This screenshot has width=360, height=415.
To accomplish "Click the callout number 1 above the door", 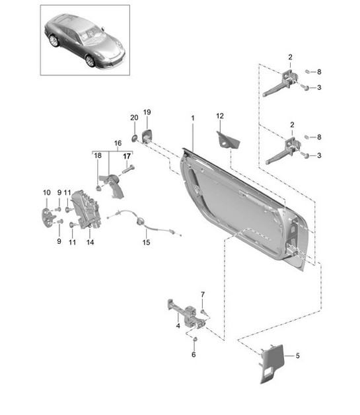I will point(192,118).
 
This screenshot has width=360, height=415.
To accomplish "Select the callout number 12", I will point(220,116).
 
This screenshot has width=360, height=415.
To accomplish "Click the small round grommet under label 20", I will point(134,137).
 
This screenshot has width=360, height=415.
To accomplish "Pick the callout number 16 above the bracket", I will point(118,142).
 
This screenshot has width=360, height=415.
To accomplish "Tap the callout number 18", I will point(98,156).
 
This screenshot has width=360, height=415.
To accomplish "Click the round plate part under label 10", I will point(47,217).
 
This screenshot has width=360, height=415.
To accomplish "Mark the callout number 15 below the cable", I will point(147,243).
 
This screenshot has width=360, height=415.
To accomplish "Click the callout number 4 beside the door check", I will point(178,325).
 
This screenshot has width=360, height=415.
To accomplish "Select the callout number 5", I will point(297,356).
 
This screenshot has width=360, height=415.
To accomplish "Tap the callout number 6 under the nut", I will point(194,355).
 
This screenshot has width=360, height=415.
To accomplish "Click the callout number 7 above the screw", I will point(203,293).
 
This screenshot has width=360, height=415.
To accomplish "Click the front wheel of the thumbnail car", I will point(90,60).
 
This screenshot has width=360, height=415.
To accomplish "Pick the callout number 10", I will point(46,192).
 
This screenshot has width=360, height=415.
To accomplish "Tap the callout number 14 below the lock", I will point(90,243).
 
